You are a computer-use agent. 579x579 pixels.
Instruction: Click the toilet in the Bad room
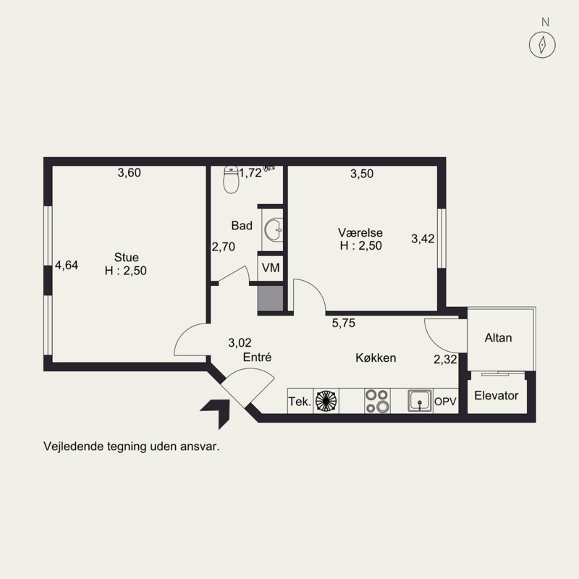[x=231, y=179]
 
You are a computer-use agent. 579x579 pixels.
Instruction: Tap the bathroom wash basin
[x=274, y=229]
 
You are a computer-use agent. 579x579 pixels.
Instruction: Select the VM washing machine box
[x=271, y=268]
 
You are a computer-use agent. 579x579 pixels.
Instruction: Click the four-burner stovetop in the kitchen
[x=377, y=401]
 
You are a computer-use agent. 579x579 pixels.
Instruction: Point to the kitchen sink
[x=420, y=401]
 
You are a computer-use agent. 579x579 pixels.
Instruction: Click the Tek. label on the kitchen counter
[x=300, y=402]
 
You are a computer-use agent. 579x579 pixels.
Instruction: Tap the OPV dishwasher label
[x=445, y=402]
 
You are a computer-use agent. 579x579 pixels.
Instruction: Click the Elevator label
[x=496, y=395]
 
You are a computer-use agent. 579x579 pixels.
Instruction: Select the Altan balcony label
[x=498, y=337]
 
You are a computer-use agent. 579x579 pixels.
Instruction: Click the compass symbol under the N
[x=542, y=45]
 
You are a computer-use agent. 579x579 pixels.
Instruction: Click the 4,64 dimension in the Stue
[x=67, y=265]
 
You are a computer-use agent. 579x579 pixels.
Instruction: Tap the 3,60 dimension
[x=130, y=172]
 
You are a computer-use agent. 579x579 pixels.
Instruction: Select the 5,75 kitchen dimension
[x=343, y=323]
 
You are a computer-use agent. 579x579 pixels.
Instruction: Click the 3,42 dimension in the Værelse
[x=423, y=239]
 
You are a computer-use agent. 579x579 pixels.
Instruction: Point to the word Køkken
[x=376, y=358]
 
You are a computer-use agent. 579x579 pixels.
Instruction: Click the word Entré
[x=258, y=357]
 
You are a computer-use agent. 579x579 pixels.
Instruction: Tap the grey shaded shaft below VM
[x=270, y=298]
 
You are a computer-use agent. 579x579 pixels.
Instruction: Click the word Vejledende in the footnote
[x=74, y=447]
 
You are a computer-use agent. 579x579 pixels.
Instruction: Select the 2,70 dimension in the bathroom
[x=224, y=247]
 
